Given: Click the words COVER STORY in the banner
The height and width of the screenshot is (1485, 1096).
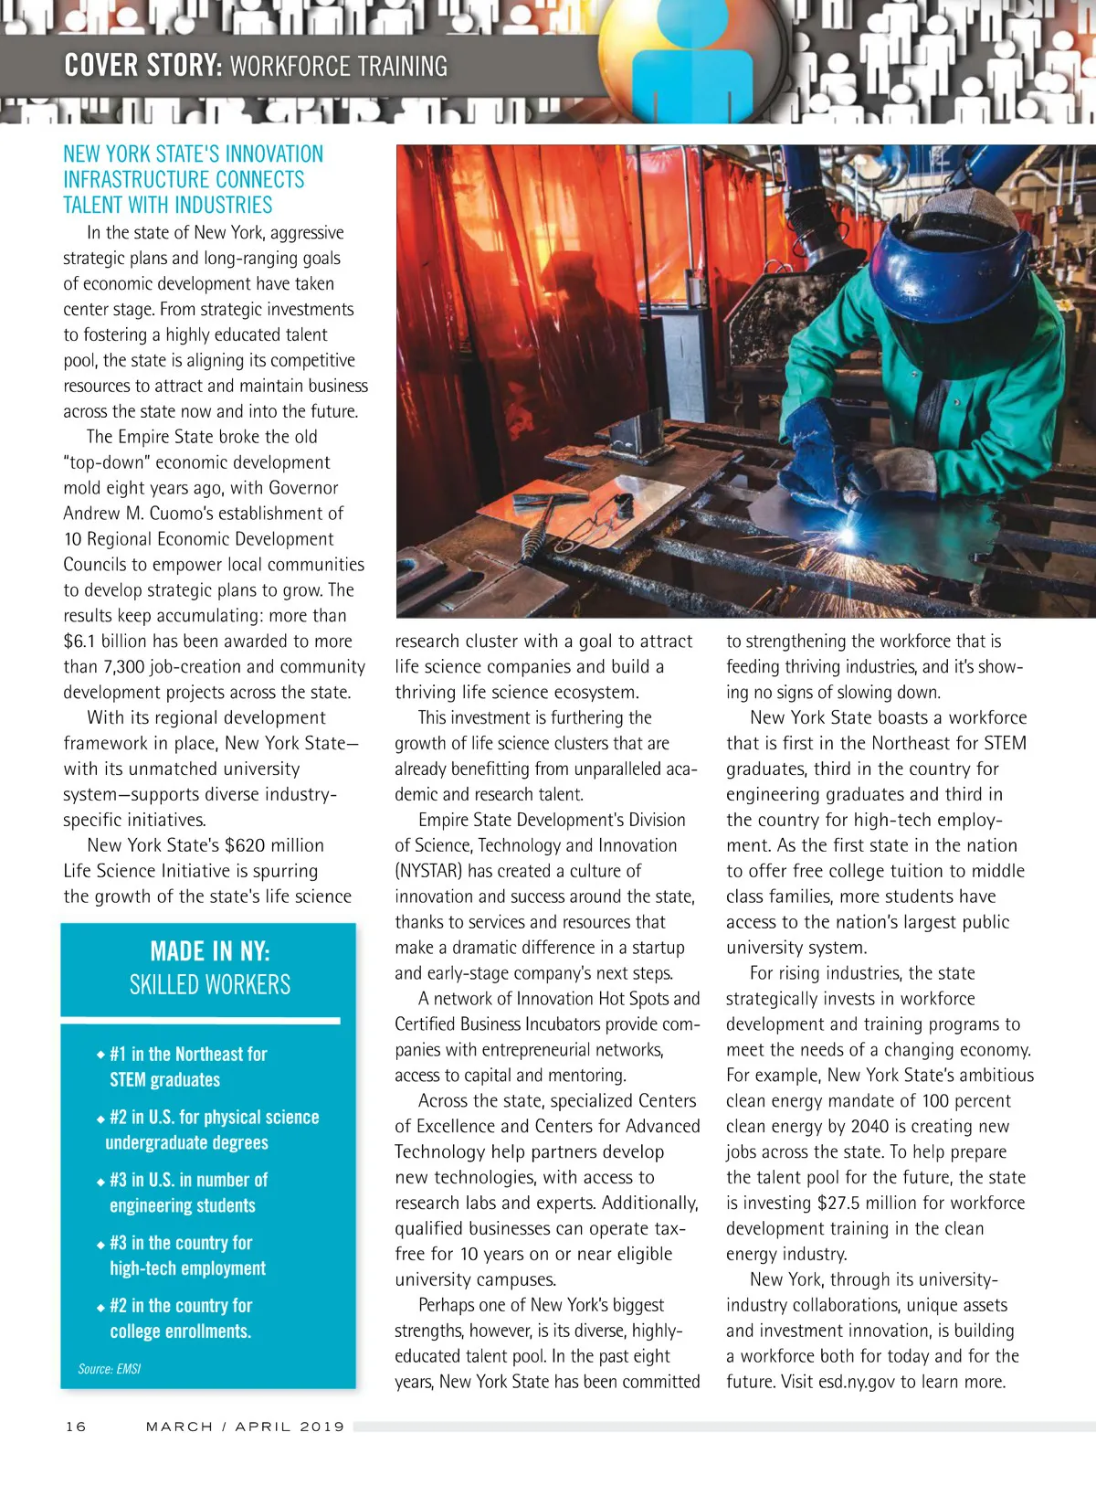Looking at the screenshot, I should click(x=142, y=66).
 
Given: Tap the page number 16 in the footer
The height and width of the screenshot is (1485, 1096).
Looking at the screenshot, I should click(x=76, y=1427).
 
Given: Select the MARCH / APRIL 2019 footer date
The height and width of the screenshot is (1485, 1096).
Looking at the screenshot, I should click(x=245, y=1427).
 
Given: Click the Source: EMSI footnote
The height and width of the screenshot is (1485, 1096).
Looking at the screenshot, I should click(x=110, y=1369).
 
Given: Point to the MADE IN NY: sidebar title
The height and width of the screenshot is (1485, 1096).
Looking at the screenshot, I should click(x=210, y=951).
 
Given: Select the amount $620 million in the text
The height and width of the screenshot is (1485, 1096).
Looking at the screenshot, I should click(x=274, y=845).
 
